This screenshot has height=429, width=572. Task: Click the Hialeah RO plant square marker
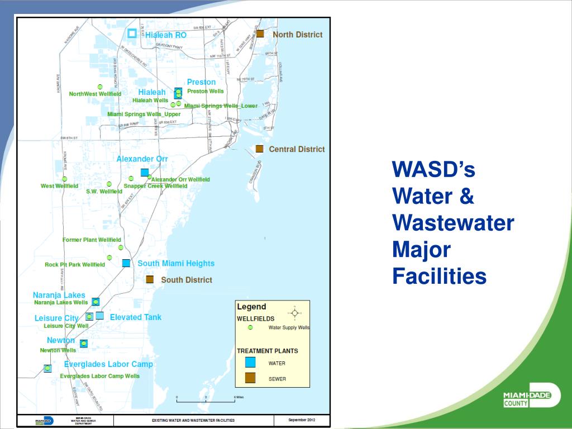tap(132, 34)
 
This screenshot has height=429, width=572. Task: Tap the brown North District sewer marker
tap(260, 34)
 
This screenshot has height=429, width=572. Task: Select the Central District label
tap(297, 149)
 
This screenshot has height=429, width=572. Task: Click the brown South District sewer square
tap(150, 279)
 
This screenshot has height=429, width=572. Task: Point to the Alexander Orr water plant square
tap(145, 172)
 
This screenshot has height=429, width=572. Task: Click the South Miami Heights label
tap(176, 263)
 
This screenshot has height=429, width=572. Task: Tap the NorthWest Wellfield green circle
tap(100, 87)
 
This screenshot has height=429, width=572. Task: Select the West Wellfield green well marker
tap(64, 179)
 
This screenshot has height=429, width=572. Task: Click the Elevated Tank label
tap(135, 317)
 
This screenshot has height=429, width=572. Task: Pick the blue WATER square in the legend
tap(250, 363)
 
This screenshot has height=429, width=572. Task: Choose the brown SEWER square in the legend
tap(250, 378)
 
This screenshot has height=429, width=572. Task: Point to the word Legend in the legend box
tap(251, 307)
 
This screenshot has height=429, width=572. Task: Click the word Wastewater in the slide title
tap(453, 223)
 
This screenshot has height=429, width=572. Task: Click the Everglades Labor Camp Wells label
tap(100, 376)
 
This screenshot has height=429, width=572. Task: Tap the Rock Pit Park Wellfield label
tap(75, 265)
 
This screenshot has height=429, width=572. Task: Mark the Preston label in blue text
tap(201, 82)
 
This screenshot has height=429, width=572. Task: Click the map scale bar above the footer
tap(206, 400)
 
